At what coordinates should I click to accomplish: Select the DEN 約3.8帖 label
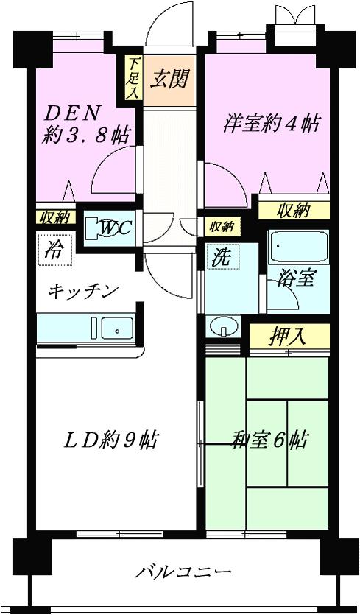(85, 124)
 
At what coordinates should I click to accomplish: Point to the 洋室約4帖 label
(272, 124)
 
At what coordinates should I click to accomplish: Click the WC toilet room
(110, 228)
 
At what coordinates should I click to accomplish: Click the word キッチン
(83, 292)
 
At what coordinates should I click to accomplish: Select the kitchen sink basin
(117, 328)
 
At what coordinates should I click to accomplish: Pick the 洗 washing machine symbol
(222, 258)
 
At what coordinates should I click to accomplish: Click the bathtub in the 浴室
(298, 246)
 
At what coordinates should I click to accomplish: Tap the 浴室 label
(295, 279)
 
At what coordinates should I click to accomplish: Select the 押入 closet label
(287, 337)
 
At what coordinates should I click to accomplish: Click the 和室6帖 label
(269, 440)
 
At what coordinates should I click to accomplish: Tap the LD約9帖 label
(111, 440)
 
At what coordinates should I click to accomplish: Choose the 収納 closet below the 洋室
(293, 211)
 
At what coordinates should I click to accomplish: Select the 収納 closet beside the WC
(56, 218)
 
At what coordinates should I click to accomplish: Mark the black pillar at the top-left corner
(32, 49)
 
